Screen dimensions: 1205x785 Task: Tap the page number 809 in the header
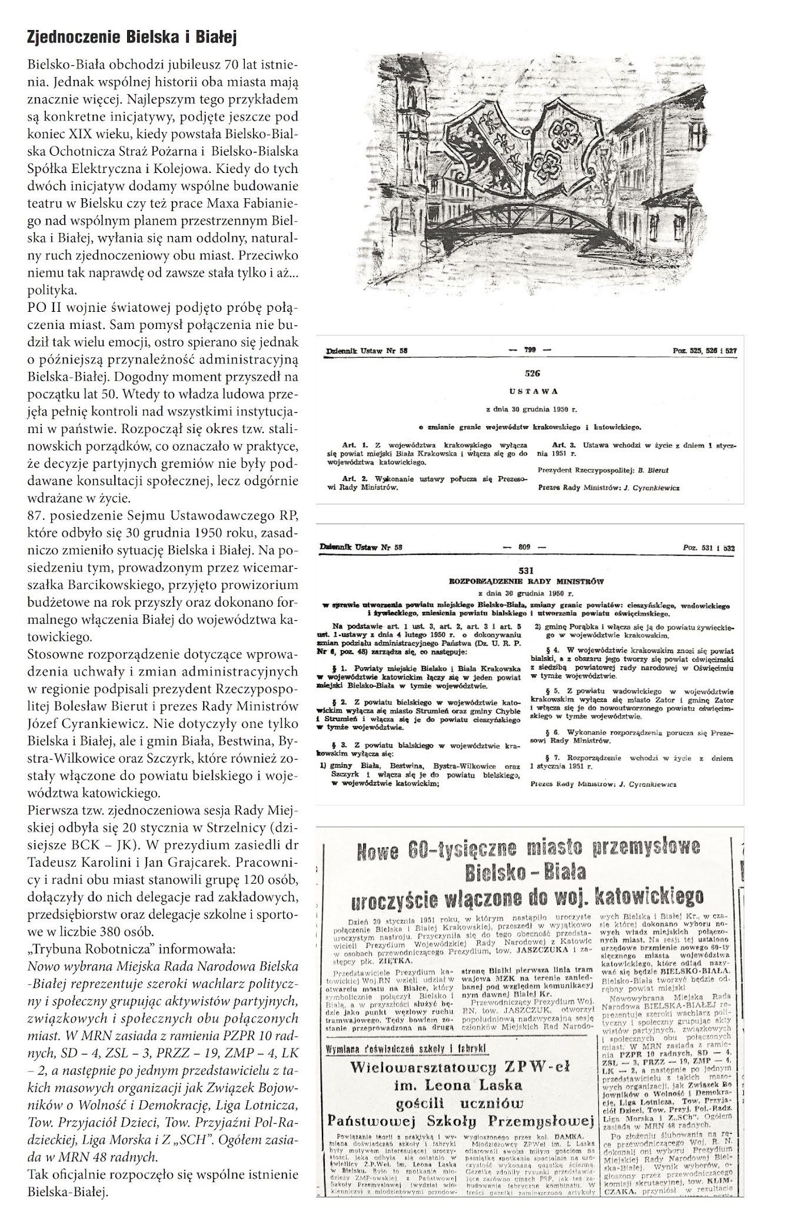(524, 547)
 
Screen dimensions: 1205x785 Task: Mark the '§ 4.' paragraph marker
(540, 650)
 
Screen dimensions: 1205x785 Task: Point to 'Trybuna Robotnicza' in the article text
(82, 950)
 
